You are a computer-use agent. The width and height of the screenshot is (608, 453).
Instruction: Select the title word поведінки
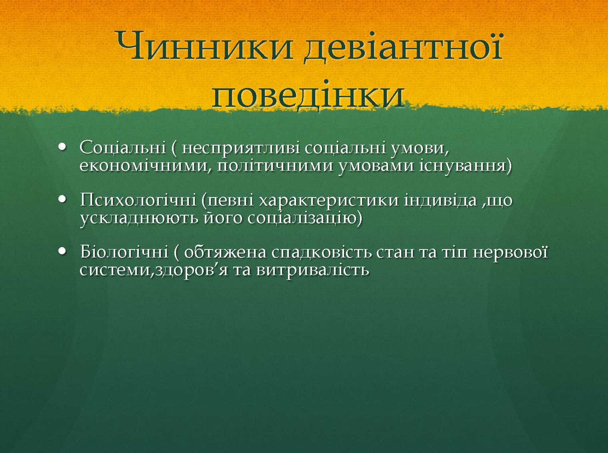pos(308,94)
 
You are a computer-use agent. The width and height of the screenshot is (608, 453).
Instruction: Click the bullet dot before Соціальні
pos(63,147)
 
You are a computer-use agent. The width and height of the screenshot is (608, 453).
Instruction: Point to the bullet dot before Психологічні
pos(63,199)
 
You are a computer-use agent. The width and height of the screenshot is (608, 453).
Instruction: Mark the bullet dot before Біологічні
pos(63,251)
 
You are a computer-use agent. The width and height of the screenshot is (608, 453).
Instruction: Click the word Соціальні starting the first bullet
pos(123,148)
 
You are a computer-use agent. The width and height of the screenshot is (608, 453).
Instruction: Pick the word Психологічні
pos(138,200)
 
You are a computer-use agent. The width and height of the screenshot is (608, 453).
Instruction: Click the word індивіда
pos(440,200)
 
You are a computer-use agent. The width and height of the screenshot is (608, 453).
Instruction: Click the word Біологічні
pos(124,252)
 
